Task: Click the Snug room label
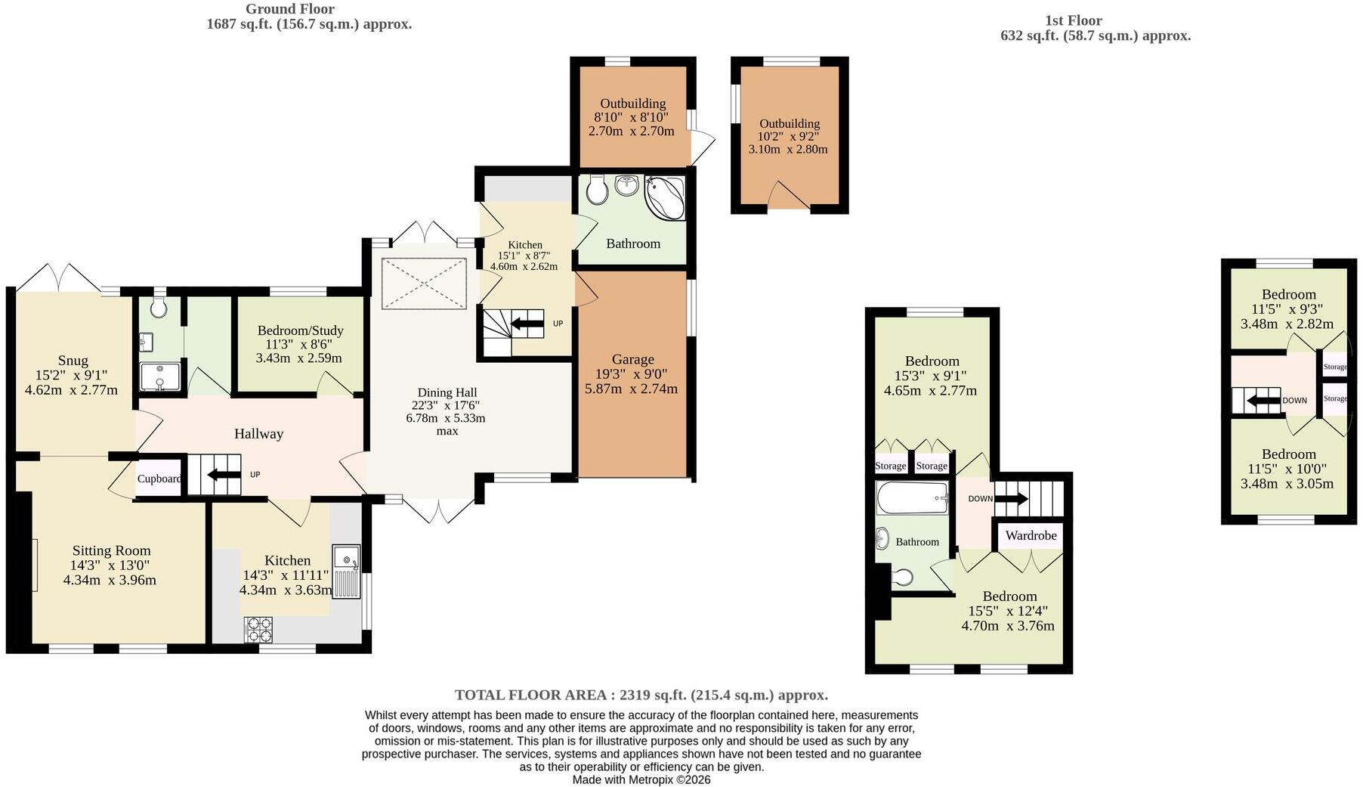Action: coord(73,361)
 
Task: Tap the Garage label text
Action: coord(633,359)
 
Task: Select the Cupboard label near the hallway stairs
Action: coord(159,479)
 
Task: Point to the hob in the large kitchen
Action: coord(259,629)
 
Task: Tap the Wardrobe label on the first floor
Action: coord(1031,535)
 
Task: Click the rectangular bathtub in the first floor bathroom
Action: coord(913,498)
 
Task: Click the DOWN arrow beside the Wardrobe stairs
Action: coord(1011,498)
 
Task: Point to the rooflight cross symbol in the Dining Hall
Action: coord(425,284)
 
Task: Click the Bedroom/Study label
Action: coord(300,330)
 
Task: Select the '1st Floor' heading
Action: coord(1074,20)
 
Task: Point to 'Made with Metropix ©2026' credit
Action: coord(641,779)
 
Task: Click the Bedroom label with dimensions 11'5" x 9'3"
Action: coord(1288,294)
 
